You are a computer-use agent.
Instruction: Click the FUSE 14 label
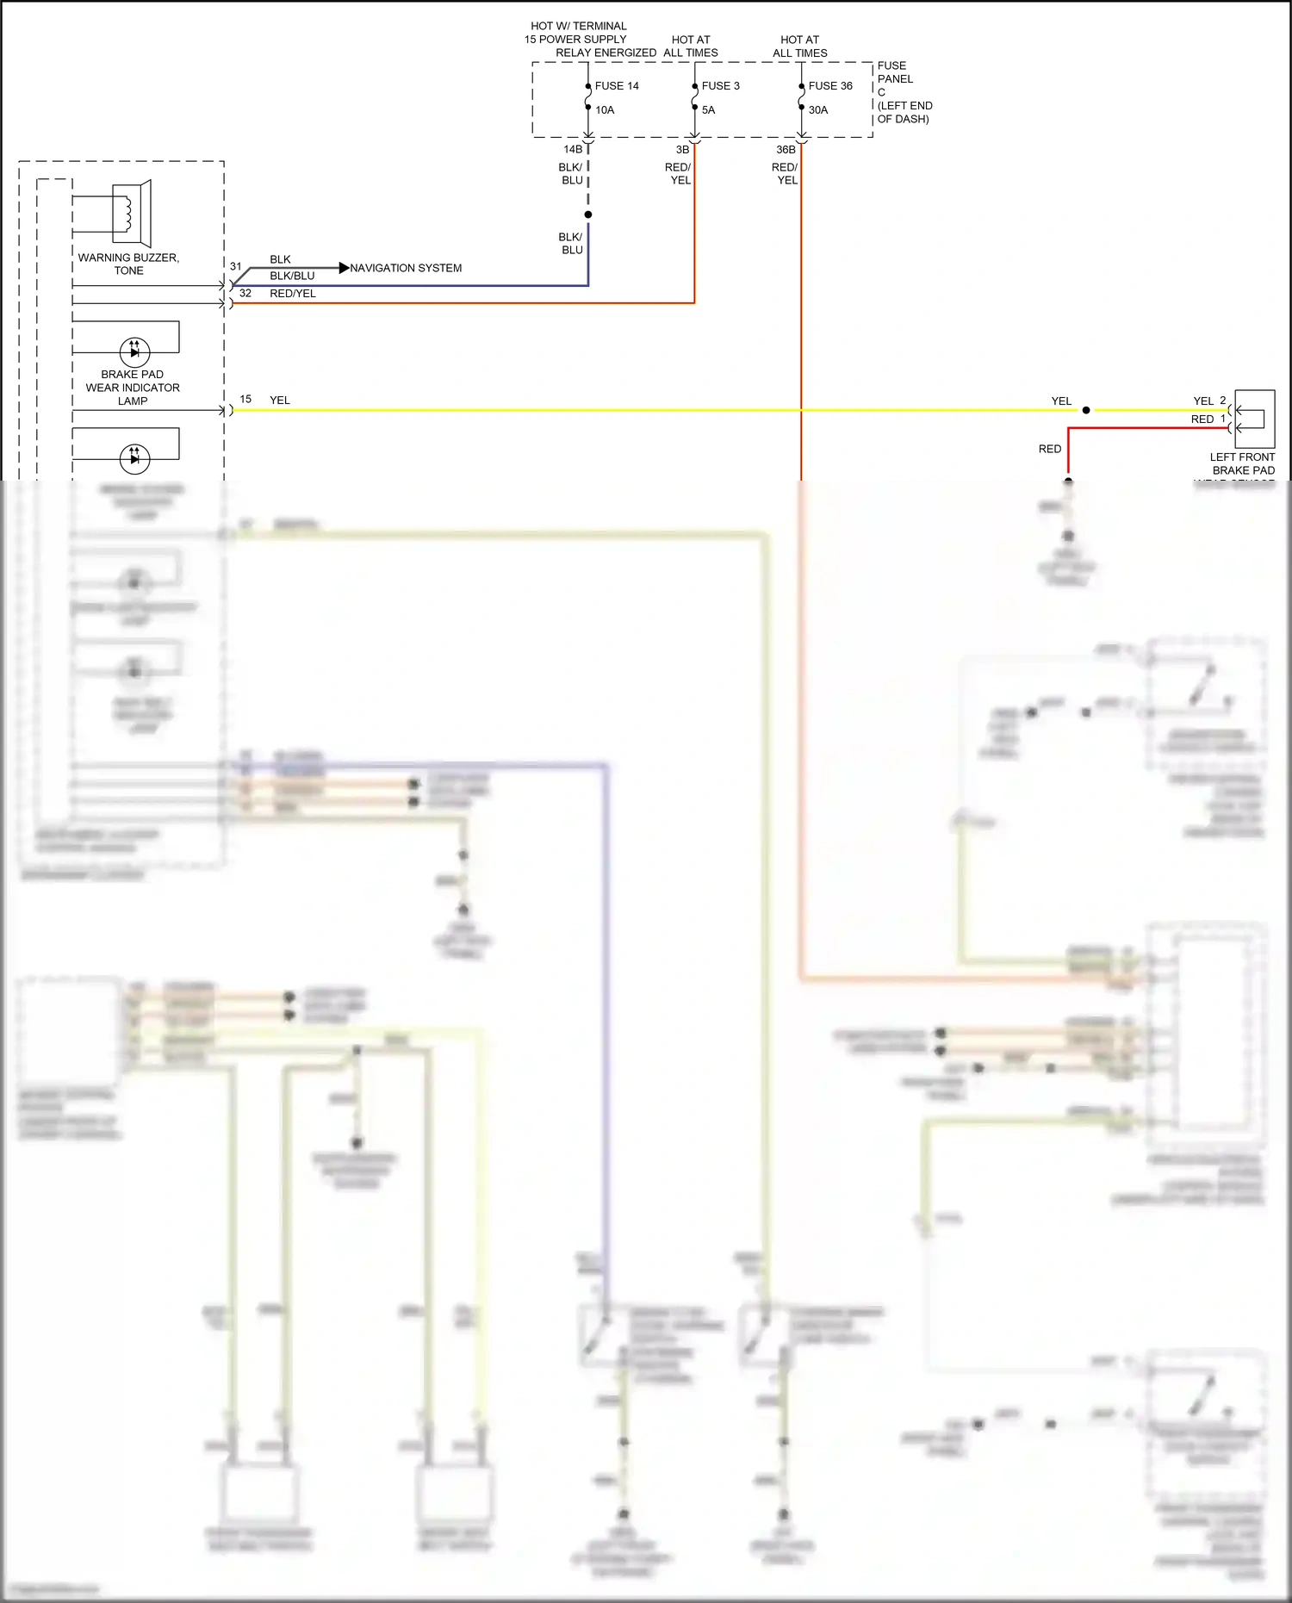tap(617, 86)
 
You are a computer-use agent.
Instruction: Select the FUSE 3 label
tap(720, 86)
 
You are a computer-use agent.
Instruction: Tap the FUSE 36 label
tap(830, 86)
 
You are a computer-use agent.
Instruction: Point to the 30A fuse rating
tap(817, 110)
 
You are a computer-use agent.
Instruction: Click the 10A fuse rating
tap(605, 110)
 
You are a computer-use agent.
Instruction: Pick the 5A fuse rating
tap(708, 110)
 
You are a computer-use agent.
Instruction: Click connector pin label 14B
tap(573, 150)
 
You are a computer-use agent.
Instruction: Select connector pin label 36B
tap(786, 150)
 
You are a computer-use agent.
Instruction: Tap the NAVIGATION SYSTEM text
tap(406, 268)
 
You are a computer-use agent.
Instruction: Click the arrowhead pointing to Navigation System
tap(344, 268)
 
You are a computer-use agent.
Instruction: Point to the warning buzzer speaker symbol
tap(131, 213)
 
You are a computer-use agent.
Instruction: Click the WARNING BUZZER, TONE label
tap(128, 264)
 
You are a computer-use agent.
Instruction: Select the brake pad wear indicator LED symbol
tap(134, 351)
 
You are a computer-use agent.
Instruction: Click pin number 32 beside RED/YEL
tap(245, 293)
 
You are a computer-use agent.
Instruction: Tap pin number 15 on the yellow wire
tap(245, 399)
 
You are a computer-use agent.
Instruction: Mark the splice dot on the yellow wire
tap(1086, 410)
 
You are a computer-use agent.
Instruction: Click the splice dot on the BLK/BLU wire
tap(588, 214)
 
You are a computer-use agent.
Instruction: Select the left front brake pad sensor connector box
tap(1254, 419)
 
